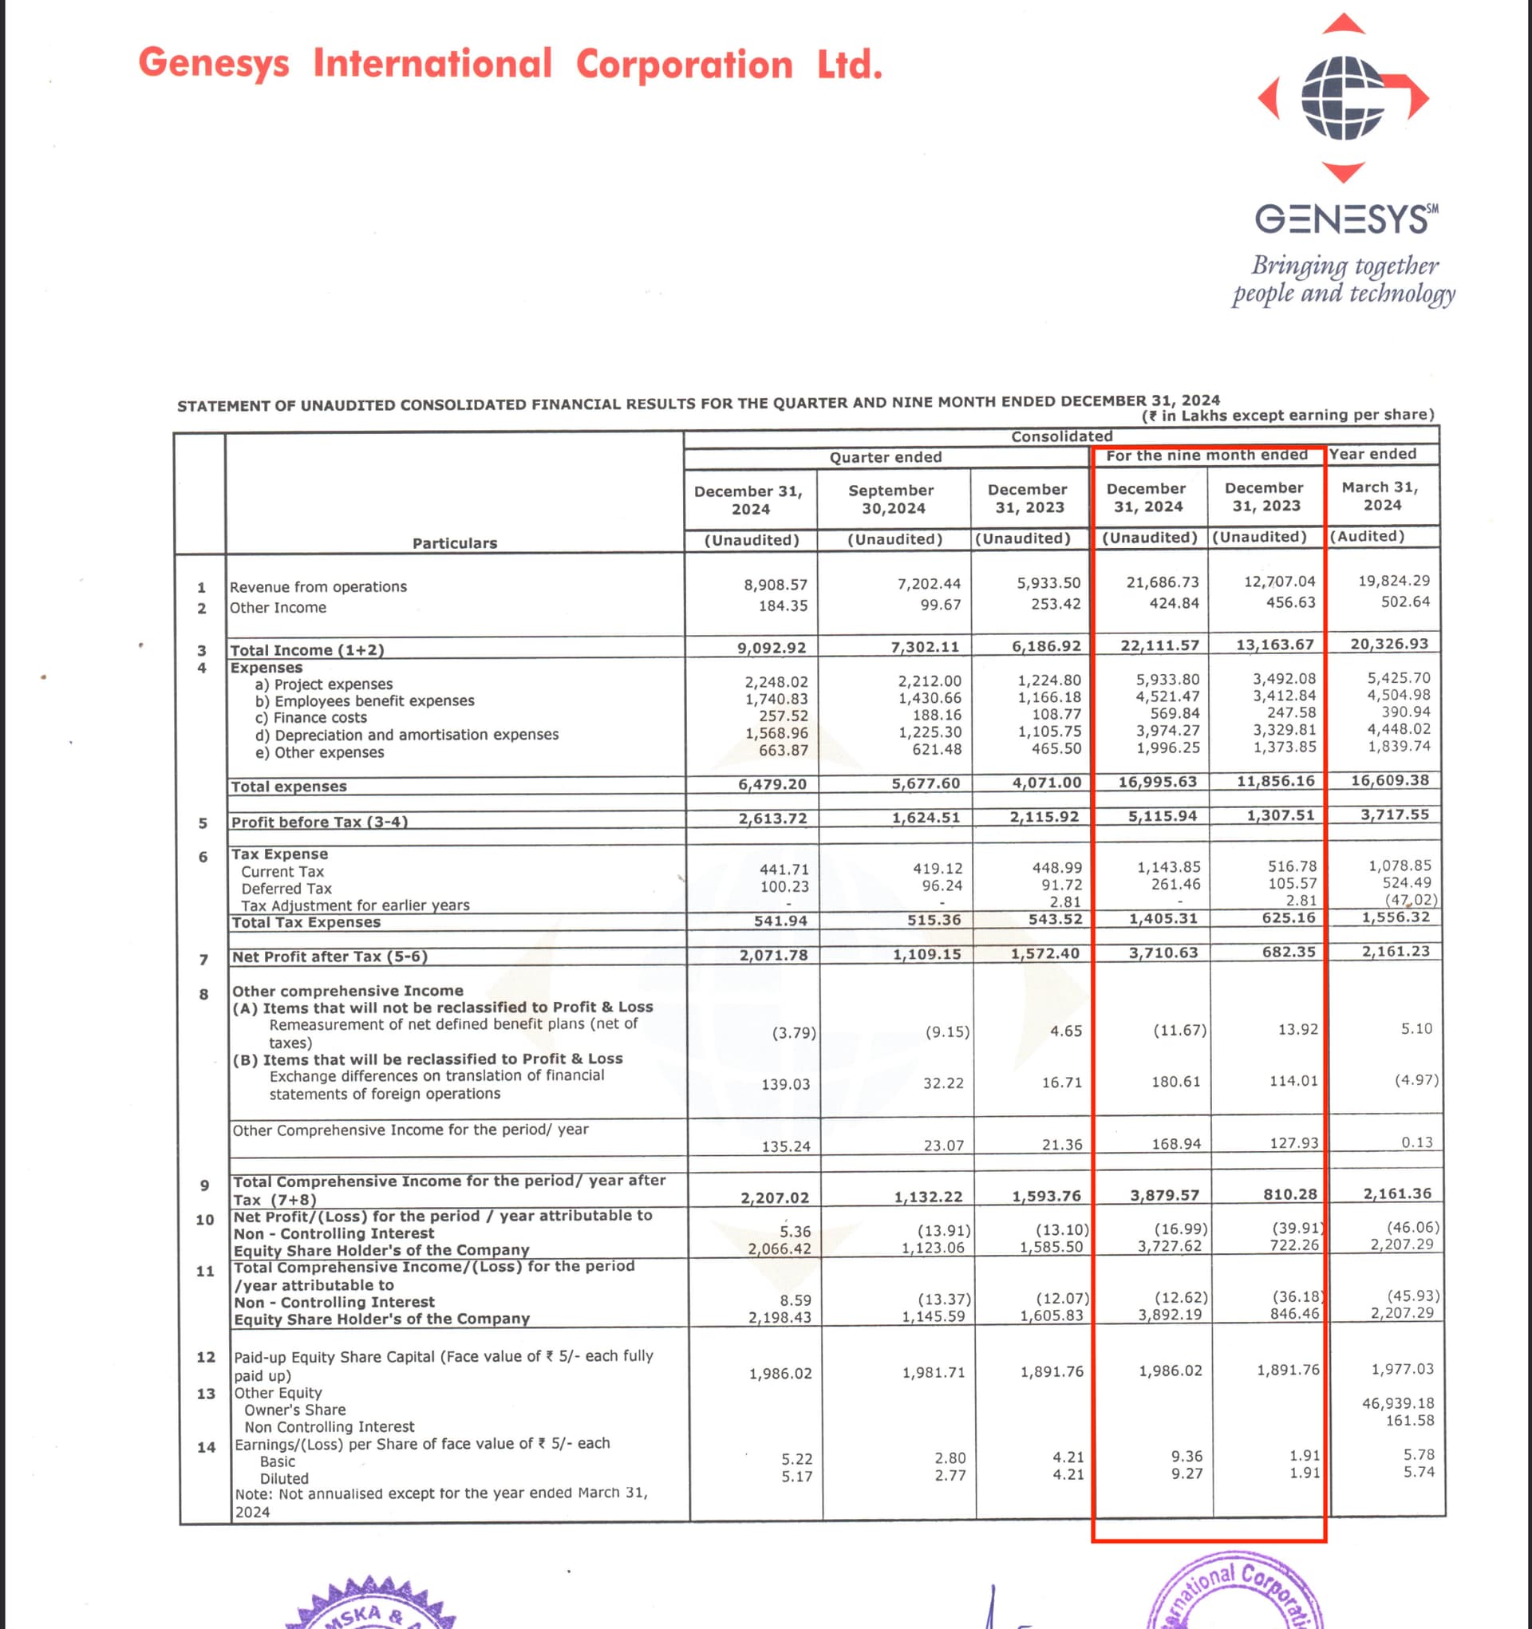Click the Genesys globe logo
pos(1343,98)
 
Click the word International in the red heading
pos(432,64)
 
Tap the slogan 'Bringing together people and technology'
pos(1344,279)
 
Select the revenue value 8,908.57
pos(775,584)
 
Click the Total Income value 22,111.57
pos(1159,645)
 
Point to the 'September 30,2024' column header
pos(892,499)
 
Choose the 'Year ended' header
pos(1372,454)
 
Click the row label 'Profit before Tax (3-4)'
pos(319,821)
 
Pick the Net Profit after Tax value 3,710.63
pos(1163,953)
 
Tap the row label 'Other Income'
pos(278,607)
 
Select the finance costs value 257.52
pos(783,716)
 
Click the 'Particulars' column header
pos(454,542)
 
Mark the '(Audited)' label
pos(1366,536)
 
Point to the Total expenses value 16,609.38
pos(1390,780)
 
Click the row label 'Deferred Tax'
pos(286,888)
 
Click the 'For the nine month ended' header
pos(1206,455)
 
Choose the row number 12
pos(206,1357)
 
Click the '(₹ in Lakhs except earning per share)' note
pos(1288,415)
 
